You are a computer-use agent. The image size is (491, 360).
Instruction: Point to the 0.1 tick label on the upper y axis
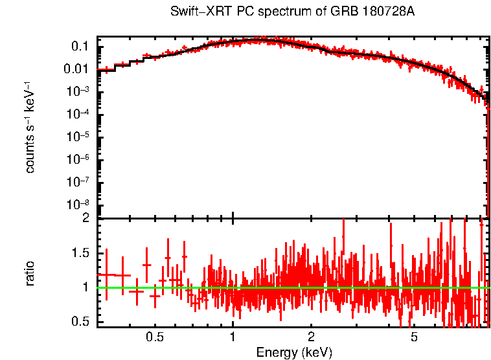click(80, 47)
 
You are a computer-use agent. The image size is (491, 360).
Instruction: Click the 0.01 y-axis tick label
click(77, 69)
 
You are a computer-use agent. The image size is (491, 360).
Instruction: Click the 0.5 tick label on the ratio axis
click(80, 322)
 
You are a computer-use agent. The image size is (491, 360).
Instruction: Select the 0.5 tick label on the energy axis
click(154, 337)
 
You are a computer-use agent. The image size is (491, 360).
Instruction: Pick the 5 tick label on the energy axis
click(414, 337)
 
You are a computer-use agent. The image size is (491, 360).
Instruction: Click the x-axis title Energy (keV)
click(294, 352)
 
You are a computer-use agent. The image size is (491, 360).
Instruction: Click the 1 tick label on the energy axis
click(233, 337)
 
